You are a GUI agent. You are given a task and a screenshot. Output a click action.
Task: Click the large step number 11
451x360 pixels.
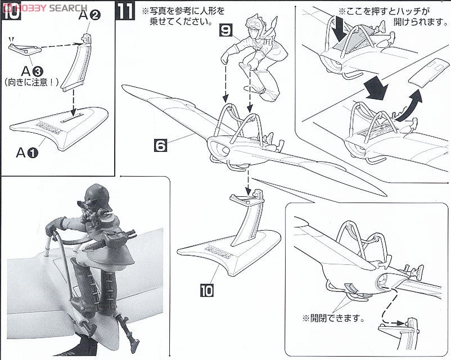(x=125, y=10)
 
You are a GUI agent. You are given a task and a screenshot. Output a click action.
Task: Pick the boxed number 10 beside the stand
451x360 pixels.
(x=206, y=290)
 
